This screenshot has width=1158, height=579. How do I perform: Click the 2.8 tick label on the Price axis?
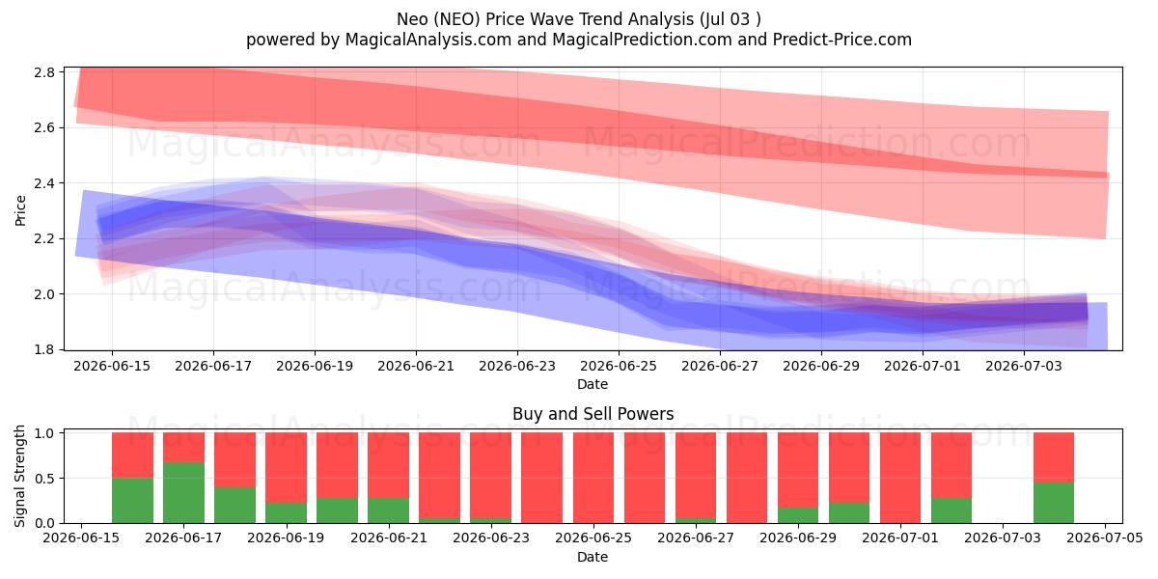(44, 72)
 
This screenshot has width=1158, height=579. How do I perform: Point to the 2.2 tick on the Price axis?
(44, 239)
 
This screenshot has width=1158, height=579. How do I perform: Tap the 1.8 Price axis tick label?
(44, 350)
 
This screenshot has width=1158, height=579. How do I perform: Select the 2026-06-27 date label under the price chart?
(720, 366)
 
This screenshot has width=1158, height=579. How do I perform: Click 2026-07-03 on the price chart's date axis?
(1024, 366)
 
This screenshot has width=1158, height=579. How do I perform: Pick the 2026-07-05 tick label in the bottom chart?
(1105, 538)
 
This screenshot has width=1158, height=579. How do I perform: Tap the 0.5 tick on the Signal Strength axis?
(44, 479)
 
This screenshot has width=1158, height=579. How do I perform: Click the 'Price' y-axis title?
(20, 210)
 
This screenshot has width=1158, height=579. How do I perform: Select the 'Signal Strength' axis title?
(19, 476)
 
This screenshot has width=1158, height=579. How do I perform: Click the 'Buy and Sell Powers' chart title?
(593, 414)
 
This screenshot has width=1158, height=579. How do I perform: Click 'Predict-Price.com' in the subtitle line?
(842, 40)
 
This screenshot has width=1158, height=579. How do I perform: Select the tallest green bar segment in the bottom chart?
(183, 493)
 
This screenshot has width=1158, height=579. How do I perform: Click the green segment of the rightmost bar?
(1054, 503)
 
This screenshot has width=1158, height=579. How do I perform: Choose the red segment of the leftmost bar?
(132, 455)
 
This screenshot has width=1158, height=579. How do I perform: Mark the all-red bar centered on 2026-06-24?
(541, 478)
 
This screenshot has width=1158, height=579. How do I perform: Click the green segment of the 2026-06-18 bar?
(234, 505)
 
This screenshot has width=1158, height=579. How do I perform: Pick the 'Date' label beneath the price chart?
(593, 384)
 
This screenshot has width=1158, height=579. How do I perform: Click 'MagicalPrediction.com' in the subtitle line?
(642, 40)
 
